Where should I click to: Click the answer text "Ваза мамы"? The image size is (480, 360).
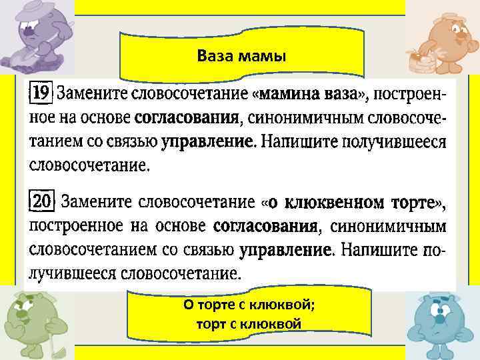241,56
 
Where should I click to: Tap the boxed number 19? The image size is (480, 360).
41,95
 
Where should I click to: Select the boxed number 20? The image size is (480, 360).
42,200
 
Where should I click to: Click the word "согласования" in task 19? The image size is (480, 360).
187,119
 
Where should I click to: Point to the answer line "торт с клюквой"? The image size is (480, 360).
249,324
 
